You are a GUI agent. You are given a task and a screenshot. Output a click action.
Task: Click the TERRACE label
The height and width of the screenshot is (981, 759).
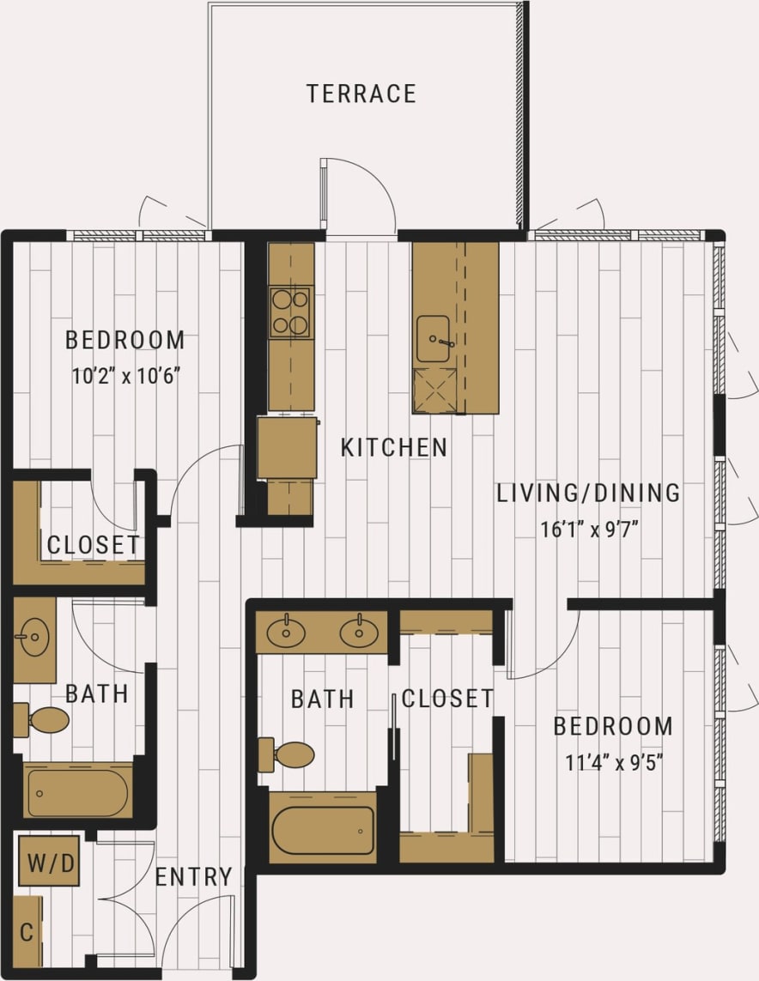click(361, 94)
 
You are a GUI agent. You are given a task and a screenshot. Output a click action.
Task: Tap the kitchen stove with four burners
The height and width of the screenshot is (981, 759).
click(290, 312)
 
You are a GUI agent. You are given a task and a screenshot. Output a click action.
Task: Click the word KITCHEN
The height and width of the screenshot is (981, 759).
click(393, 448)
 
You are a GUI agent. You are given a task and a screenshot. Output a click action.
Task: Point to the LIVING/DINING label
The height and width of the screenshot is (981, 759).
click(588, 494)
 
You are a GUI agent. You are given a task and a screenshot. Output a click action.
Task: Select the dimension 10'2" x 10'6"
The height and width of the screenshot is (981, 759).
click(125, 376)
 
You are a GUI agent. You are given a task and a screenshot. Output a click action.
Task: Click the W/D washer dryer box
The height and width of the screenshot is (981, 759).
click(50, 861)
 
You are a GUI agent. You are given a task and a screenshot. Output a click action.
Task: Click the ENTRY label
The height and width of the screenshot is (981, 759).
click(193, 877)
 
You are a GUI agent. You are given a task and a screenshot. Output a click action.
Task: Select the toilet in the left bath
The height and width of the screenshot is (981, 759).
click(43, 720)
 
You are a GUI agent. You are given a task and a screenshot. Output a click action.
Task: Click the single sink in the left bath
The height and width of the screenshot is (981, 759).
click(34, 639)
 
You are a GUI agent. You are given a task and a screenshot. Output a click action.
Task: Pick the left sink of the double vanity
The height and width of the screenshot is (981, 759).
click(285, 633)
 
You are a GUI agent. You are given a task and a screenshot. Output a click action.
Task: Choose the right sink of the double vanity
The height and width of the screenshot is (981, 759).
click(358, 633)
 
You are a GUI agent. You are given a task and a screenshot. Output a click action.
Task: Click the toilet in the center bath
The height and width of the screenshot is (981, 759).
click(288, 755)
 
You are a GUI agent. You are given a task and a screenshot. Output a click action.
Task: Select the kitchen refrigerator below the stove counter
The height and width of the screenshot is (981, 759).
click(287, 447)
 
